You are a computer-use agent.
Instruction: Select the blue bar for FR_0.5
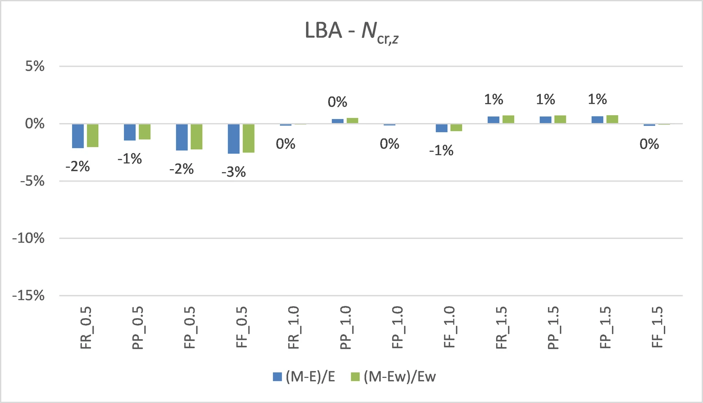click(78, 136)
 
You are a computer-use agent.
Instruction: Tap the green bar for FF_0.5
click(249, 138)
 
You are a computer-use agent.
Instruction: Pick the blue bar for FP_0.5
click(182, 137)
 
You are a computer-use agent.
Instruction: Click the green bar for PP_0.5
click(145, 131)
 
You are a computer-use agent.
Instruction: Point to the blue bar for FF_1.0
click(442, 128)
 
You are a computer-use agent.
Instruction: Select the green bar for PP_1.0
click(352, 120)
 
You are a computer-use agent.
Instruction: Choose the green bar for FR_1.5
click(508, 119)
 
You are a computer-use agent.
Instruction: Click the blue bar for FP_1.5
click(598, 120)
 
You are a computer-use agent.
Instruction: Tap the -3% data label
click(234, 172)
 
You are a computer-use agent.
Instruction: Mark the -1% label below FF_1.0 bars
click(441, 151)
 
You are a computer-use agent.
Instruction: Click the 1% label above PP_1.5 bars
click(545, 99)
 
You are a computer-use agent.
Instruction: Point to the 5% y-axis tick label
click(35, 66)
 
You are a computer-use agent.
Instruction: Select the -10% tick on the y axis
click(29, 238)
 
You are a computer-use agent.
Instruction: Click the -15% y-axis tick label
click(29, 295)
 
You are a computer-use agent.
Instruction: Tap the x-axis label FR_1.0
click(294, 328)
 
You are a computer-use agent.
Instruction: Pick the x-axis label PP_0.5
click(138, 328)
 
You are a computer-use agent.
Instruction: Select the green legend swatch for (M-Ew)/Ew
click(355, 377)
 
